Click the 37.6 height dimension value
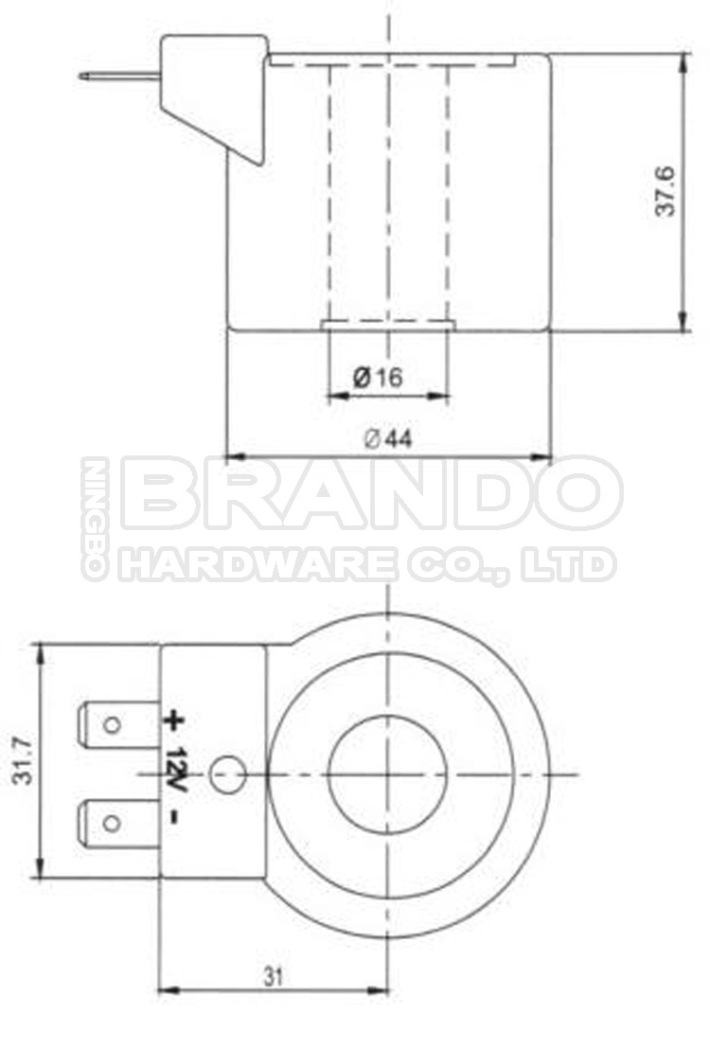[666, 191]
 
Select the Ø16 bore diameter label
[378, 378]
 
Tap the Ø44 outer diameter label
[388, 438]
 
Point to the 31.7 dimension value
[25, 760]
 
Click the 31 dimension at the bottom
[274, 974]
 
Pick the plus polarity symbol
[173, 720]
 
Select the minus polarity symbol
[173, 815]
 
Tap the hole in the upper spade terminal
[112, 725]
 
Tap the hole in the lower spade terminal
[112, 822]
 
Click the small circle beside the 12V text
[227, 775]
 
